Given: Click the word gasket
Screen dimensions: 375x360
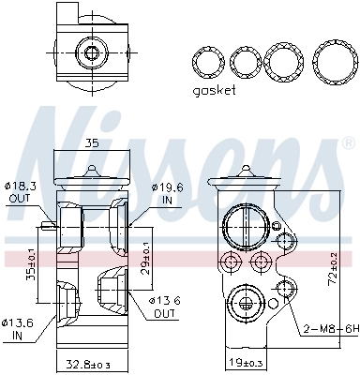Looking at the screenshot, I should (214, 91).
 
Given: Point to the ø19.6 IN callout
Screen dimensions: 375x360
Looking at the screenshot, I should (165, 193).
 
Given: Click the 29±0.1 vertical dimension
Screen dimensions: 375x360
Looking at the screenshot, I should (145, 254).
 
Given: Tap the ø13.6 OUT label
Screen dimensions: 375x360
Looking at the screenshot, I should (166, 306).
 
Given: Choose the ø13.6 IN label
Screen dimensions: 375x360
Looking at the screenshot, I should (20, 328).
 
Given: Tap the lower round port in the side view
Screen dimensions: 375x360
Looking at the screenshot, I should (246, 302).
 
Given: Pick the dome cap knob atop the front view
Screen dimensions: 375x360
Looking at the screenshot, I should (92, 171).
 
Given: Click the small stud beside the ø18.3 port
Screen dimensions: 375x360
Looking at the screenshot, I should (46, 225).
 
